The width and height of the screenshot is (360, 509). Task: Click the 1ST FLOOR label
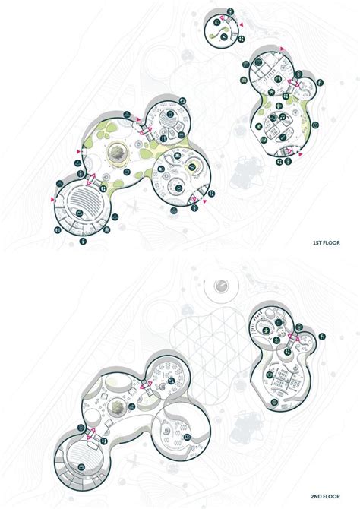pos(327,242)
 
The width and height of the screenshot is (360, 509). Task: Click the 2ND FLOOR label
pos(325,496)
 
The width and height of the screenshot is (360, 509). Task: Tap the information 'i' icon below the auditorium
pos(84,241)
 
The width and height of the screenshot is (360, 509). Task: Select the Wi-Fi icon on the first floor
pos(192,167)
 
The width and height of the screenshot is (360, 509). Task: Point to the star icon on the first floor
pos(270,93)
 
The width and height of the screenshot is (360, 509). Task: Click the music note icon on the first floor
pos(283,116)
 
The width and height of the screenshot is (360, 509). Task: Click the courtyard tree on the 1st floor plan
pos(116,152)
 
